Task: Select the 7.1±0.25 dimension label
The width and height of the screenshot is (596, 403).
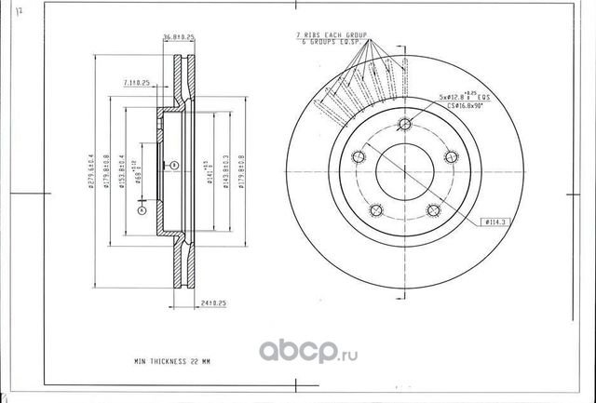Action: pos(136,84)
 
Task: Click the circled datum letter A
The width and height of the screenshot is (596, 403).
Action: pos(141,211)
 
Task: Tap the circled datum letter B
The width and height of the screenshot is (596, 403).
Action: pos(173,166)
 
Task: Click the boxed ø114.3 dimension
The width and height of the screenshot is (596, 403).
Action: pos(494,222)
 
